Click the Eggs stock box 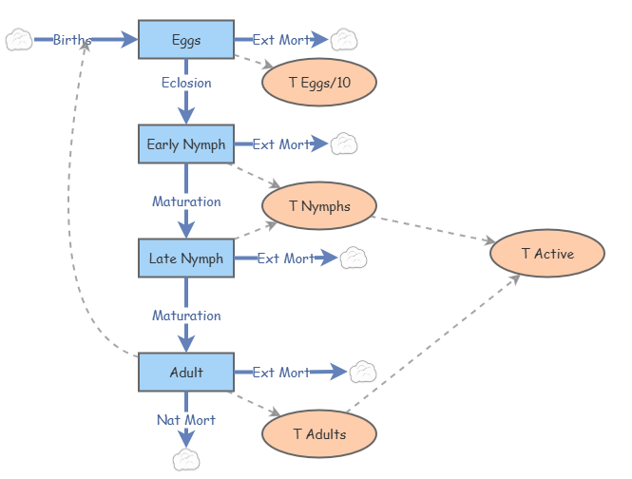pos(186,39)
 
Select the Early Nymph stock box pos(186,144)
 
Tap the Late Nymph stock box pos(186,259)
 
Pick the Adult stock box pos(186,373)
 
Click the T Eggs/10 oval pos(319,83)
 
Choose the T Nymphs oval pos(319,206)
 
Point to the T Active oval pos(547,254)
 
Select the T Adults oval pos(319,434)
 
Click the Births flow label pos(72,40)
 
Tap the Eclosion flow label pos(186,83)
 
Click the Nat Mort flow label pos(186,420)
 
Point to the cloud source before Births pos(19,40)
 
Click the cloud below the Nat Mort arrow pos(186,460)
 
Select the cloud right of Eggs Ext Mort pos(343,40)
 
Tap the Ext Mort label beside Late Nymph pos(286,259)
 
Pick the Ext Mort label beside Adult pos(281,373)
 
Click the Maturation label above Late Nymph pos(186,201)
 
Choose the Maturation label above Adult pos(186,316)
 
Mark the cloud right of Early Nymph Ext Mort pos(343,144)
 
